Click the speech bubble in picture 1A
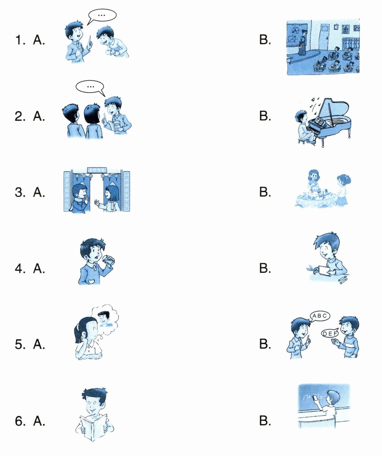pos(102,16)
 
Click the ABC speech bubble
pos(320,316)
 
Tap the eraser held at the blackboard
pos(315,398)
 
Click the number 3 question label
pos(20,192)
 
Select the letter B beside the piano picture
pos(265,116)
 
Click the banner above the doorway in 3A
pos(97,169)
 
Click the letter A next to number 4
pos(39,268)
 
